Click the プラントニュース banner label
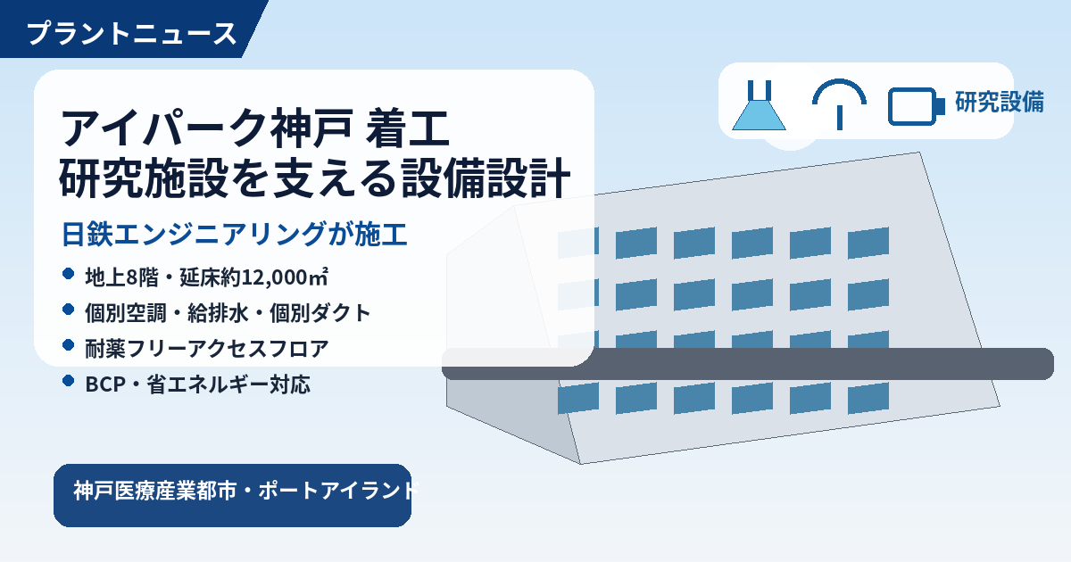point(131,34)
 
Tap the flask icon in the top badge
point(759,105)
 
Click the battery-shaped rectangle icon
point(916,106)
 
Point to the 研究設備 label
point(1000,102)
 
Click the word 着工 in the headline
point(407,128)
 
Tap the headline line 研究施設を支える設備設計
point(314,178)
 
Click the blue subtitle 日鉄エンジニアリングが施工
point(234,234)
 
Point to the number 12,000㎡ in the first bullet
point(285,277)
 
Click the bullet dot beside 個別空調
point(69,310)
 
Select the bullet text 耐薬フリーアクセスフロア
point(206,349)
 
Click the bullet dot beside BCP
point(69,380)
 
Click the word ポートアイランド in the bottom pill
point(338,491)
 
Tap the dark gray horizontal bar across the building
point(748,364)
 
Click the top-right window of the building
point(868,243)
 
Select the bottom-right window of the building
point(868,398)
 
